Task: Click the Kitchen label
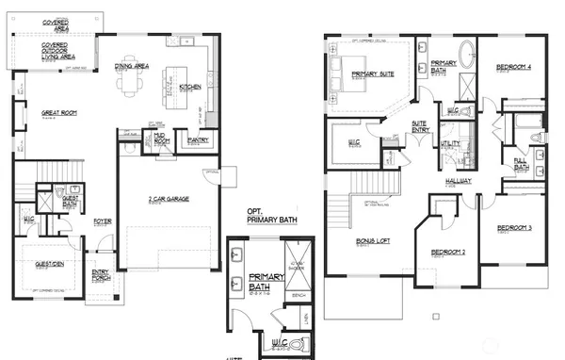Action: [189, 87]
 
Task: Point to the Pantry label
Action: [198, 140]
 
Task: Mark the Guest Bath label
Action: [70, 200]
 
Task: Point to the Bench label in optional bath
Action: [299, 295]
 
